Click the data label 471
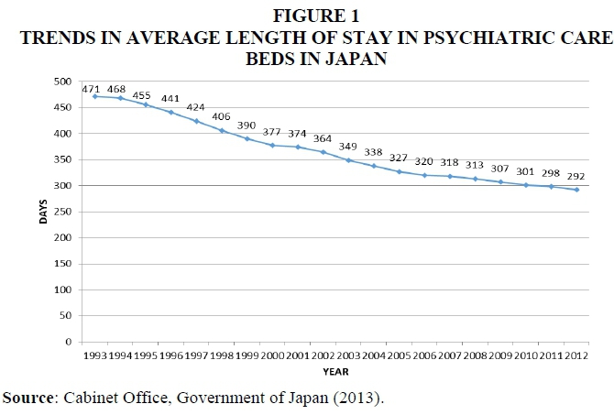90,89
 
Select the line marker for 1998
222,130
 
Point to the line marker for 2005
399,171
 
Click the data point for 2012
576,190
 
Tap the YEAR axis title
334,372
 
